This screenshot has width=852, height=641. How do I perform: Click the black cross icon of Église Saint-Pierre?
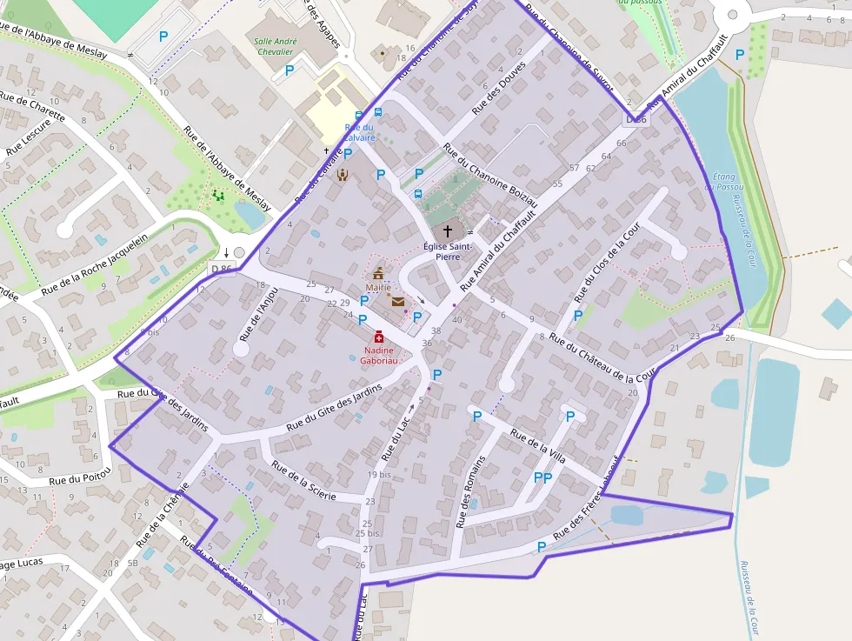coord(448,231)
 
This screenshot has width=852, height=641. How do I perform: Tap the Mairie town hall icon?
coord(378,273)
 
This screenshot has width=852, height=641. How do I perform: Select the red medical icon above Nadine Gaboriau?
coord(379,337)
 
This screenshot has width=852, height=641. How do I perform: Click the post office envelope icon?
coord(397,302)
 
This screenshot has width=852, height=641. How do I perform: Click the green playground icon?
coord(218,196)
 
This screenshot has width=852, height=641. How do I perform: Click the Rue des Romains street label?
coord(469,491)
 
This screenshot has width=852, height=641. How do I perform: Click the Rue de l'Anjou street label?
coord(258,311)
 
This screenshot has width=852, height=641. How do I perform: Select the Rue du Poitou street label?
coord(80,477)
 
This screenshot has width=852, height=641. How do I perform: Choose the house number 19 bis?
coord(378,475)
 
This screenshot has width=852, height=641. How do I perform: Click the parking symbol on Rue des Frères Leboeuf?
coord(542,547)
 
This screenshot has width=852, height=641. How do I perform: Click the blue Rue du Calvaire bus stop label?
coord(359,132)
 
